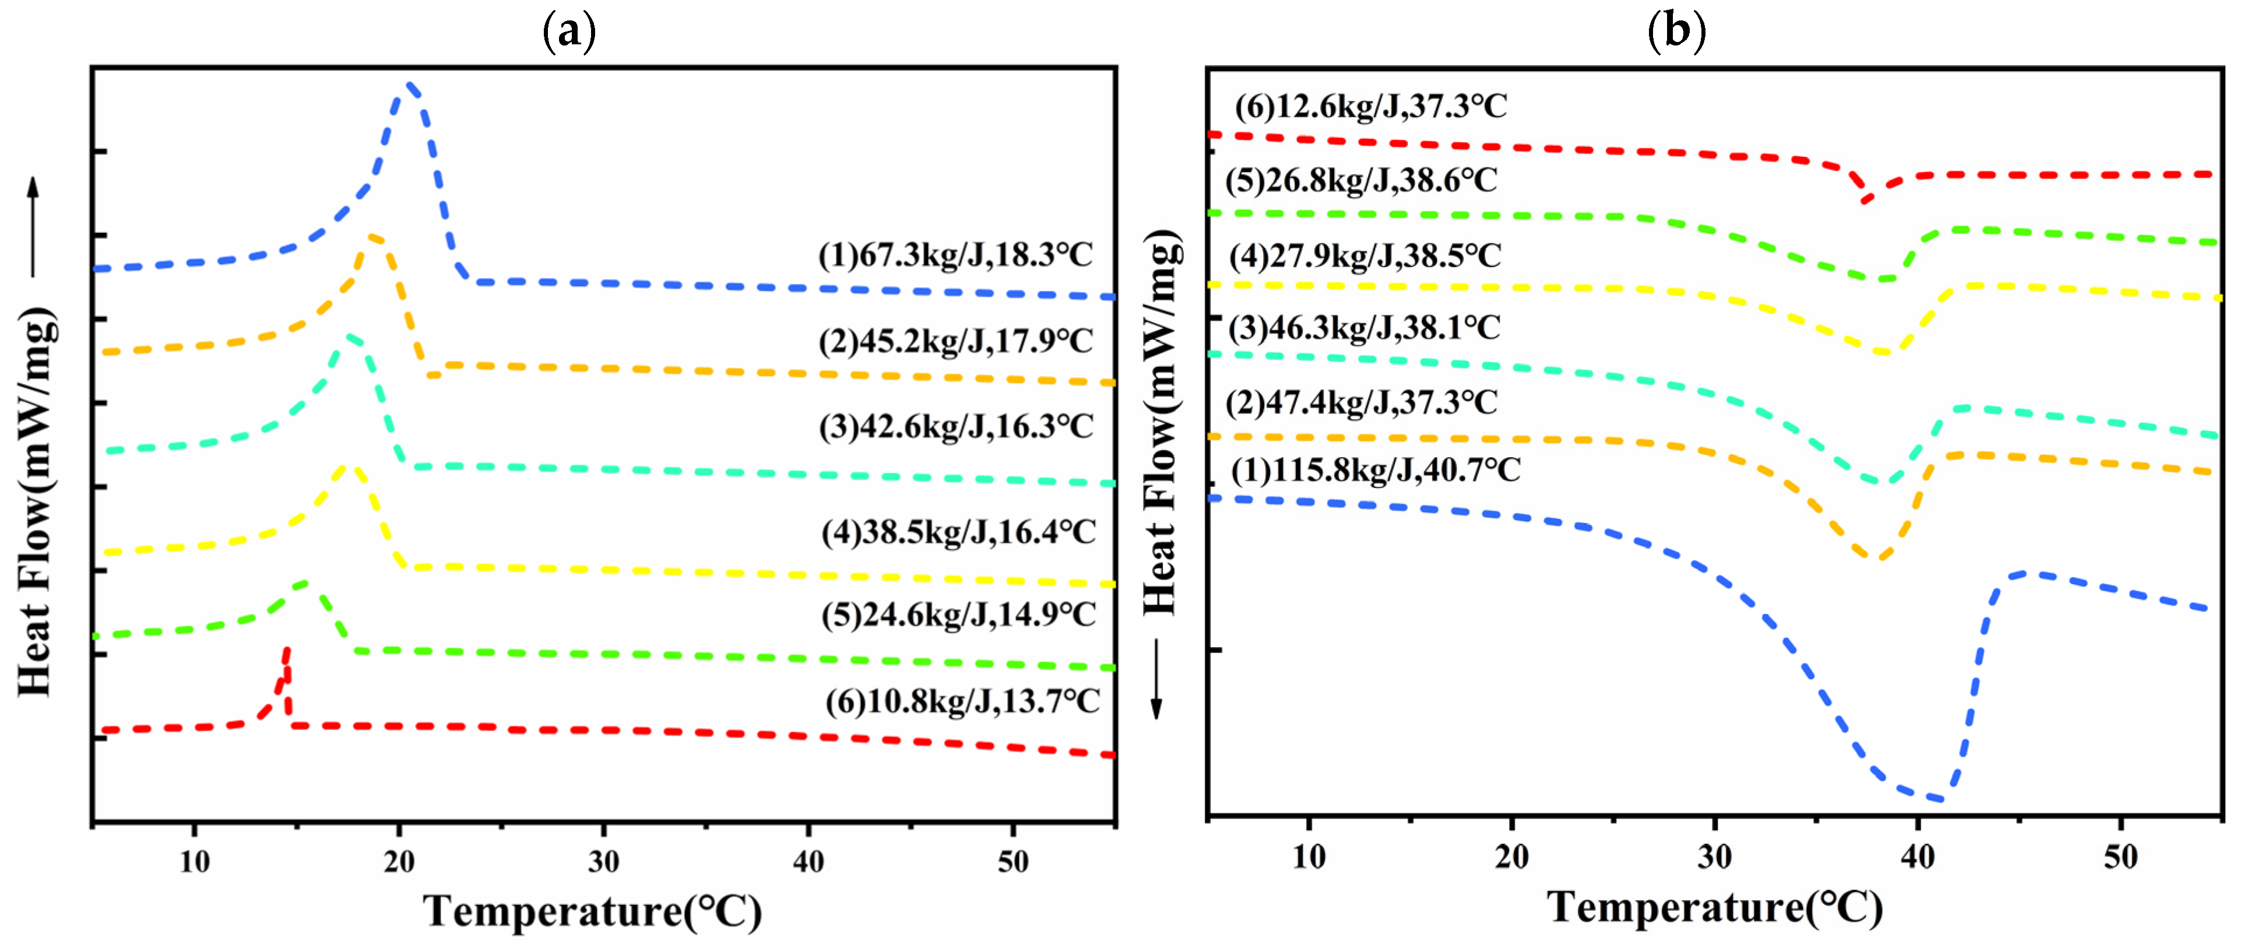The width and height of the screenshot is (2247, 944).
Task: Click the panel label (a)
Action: (x=569, y=31)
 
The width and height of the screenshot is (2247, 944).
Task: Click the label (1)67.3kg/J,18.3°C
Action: (x=955, y=255)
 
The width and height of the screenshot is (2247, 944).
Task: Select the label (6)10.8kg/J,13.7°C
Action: (x=962, y=701)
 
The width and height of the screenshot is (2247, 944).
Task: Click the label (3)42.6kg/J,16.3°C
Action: (x=956, y=427)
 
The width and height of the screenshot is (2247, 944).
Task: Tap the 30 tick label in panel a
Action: (x=603, y=862)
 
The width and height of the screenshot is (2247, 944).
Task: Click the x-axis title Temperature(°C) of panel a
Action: (x=592, y=911)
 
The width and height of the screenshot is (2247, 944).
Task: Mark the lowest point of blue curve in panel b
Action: (x=1938, y=798)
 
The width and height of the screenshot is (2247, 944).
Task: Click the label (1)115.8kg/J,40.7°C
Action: (x=1376, y=471)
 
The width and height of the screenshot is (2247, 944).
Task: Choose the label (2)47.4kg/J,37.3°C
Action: (x=1362, y=403)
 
